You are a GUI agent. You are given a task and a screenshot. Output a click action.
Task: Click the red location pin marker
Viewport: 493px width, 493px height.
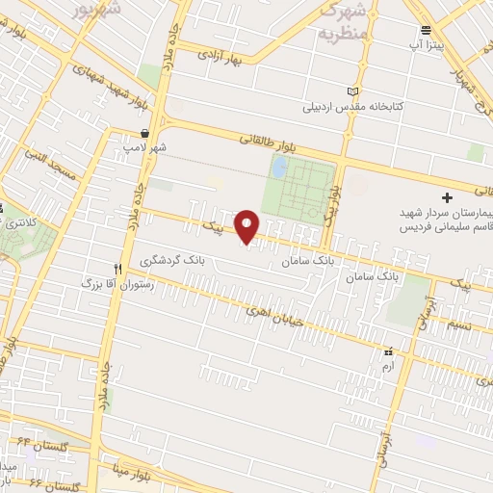(x=248, y=227)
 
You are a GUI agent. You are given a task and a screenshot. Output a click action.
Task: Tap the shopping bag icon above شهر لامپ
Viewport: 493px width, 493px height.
(x=144, y=133)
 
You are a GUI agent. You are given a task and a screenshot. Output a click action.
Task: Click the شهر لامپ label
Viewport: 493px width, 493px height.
(x=144, y=148)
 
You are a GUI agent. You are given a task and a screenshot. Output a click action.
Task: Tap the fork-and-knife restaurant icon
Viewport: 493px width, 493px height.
(x=118, y=269)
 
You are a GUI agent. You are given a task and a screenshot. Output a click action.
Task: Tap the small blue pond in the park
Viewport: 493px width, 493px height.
(x=279, y=169)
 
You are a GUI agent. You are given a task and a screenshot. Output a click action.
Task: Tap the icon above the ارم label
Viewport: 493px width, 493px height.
(x=389, y=352)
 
